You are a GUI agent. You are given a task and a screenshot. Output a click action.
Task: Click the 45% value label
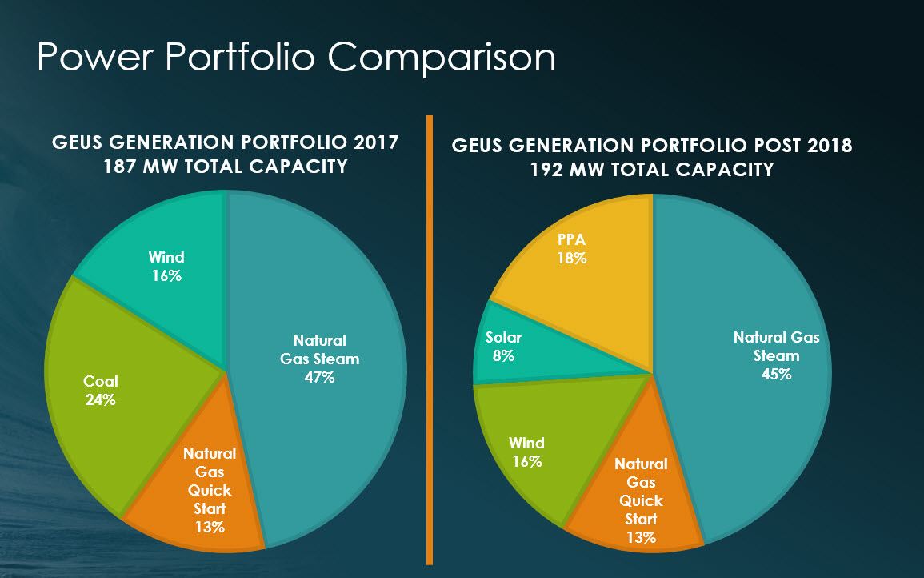tap(776, 374)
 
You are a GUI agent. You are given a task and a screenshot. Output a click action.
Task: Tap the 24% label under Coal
tap(100, 399)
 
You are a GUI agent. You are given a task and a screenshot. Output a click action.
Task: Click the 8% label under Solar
tap(503, 356)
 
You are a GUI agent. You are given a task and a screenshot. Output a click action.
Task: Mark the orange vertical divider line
tap(430, 336)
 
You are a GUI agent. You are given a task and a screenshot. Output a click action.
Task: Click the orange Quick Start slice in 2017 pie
tap(200, 512)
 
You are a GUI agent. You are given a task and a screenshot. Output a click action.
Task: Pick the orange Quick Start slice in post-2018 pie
tap(632, 512)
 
